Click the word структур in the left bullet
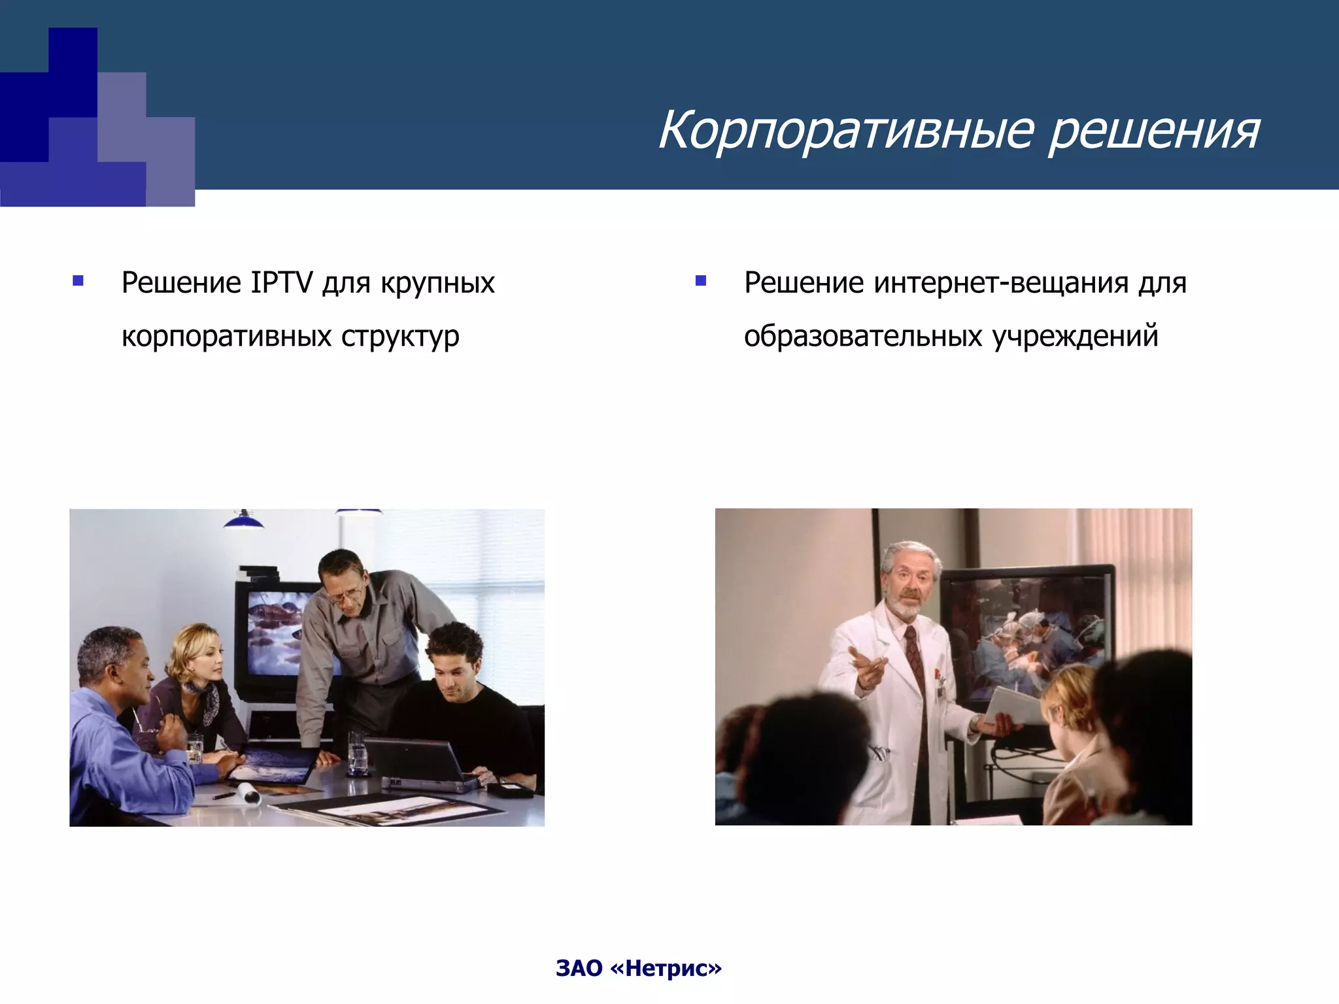tap(399, 337)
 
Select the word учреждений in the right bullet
tap(1075, 337)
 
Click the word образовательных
tap(863, 337)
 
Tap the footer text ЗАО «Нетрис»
tap(638, 968)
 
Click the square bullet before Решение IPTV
tap(78, 282)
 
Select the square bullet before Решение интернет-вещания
tap(701, 282)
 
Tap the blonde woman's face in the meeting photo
tap(199, 660)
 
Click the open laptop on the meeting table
tap(418, 761)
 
